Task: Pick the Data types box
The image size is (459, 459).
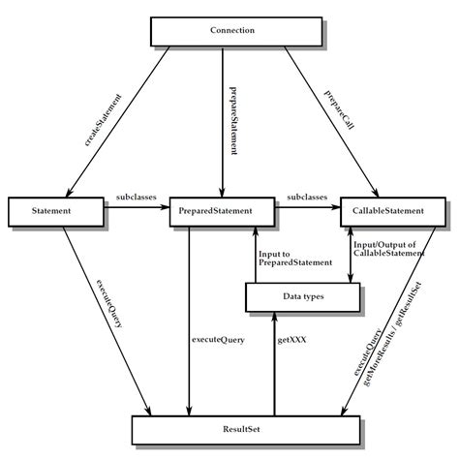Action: (302, 298)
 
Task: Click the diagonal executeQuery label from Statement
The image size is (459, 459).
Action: (107, 308)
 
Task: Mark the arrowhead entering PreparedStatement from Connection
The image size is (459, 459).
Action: (224, 194)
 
